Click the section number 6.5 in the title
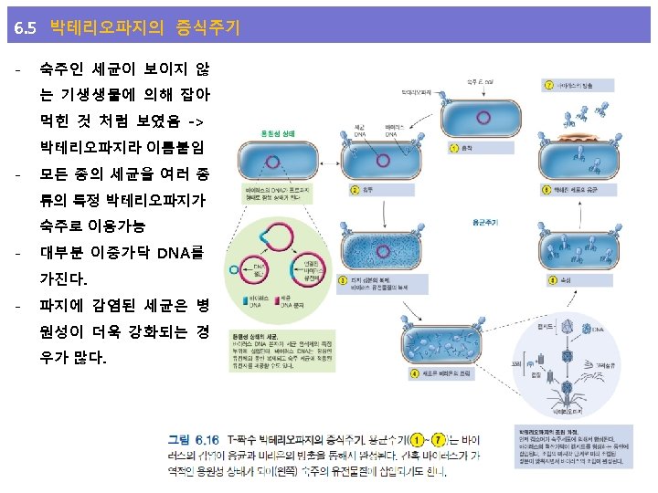[x=26, y=29]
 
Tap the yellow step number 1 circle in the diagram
[x=453, y=148]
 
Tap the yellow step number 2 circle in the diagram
[x=356, y=190]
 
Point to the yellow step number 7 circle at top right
[x=548, y=85]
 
